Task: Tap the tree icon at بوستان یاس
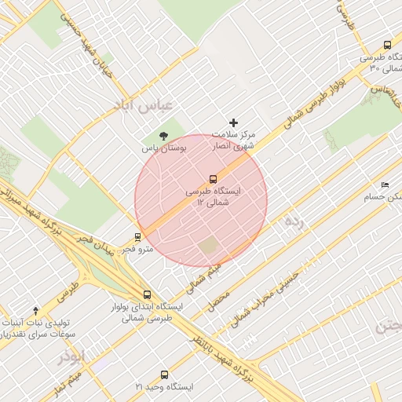[163, 136]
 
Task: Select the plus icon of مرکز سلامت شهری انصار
[233, 122]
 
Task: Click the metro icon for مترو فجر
[138, 236]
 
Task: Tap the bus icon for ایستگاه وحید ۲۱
[164, 375]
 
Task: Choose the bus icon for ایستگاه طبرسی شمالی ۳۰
[386, 46]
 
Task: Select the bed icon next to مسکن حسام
[384, 185]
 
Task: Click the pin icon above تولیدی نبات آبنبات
[35, 311]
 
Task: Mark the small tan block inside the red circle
[208, 246]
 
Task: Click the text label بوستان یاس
[163, 148]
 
